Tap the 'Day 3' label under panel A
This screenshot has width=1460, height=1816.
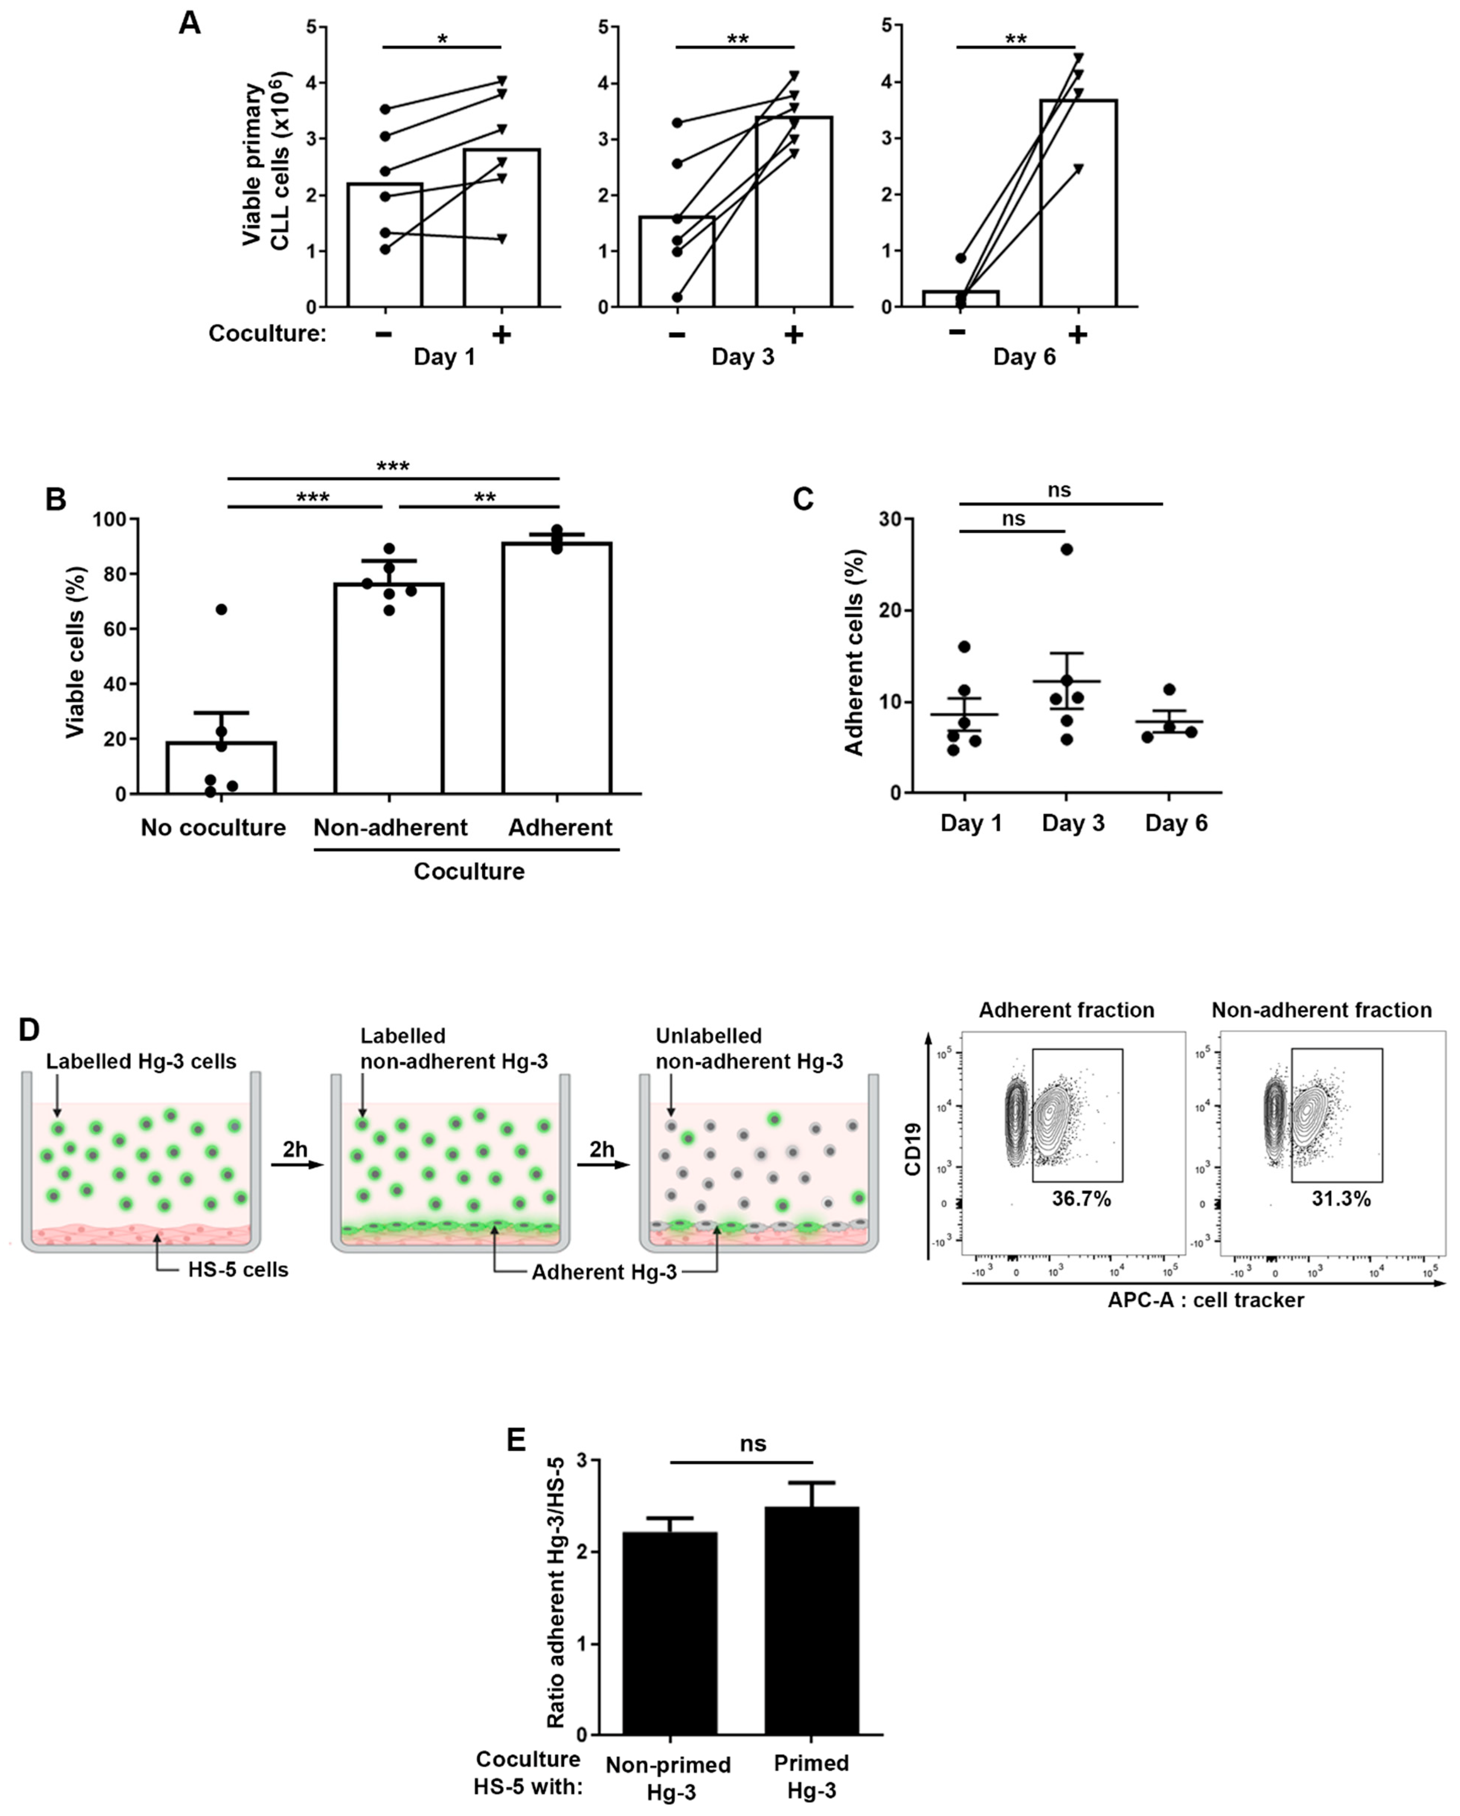(x=742, y=357)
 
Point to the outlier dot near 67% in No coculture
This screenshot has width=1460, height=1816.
(x=222, y=609)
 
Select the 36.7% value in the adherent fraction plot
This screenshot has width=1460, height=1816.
(x=1081, y=1199)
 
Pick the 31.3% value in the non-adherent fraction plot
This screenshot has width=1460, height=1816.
(x=1340, y=1199)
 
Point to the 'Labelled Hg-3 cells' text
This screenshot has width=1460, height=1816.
(x=141, y=1061)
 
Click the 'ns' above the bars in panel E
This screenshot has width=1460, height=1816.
(x=753, y=1444)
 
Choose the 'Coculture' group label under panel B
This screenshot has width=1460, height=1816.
(x=468, y=871)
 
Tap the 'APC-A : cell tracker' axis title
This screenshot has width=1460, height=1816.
(x=1205, y=1300)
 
